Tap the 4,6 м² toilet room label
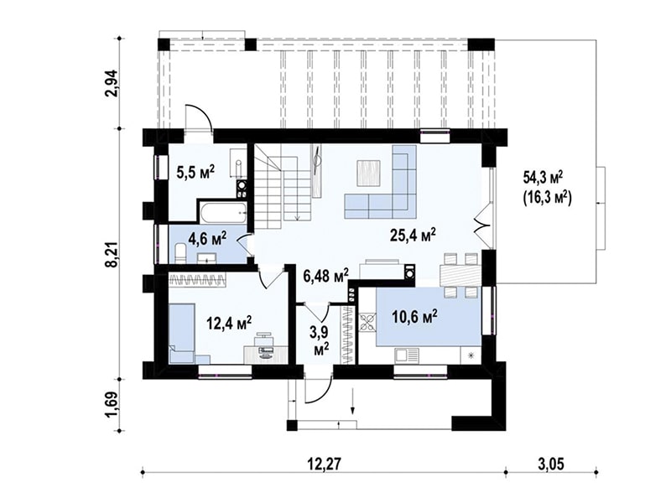pyautogui.click(x=207, y=238)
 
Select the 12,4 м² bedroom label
pyautogui.click(x=229, y=323)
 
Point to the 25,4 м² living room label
pyautogui.click(x=414, y=235)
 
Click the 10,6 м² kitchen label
pyautogui.click(x=414, y=317)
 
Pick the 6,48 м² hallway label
pyautogui.click(x=326, y=276)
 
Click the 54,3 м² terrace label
pyautogui.click(x=543, y=176)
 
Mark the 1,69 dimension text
pyautogui.click(x=112, y=405)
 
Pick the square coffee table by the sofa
pyautogui.click(x=367, y=173)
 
